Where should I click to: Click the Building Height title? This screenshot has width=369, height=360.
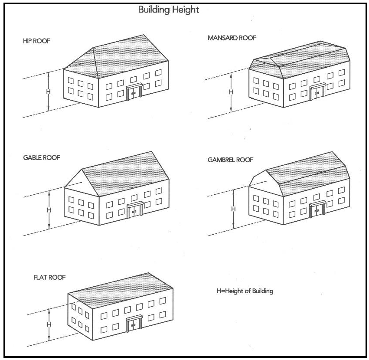point(169,10)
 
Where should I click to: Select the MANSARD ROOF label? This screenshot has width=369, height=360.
point(232,38)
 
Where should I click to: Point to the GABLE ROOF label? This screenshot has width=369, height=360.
point(42,157)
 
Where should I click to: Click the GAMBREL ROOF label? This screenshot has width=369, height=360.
point(231,160)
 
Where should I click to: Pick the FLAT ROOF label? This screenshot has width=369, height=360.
point(49,277)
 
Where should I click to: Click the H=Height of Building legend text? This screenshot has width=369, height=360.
point(245,291)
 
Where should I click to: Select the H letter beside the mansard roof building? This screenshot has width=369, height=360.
point(231,92)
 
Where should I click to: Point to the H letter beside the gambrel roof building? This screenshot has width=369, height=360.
point(233,209)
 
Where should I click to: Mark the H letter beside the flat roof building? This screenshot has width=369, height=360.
point(49,324)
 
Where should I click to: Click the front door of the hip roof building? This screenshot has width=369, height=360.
point(134,94)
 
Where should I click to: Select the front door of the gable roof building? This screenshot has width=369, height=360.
point(135,211)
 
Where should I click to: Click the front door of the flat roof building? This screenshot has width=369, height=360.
point(134,325)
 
